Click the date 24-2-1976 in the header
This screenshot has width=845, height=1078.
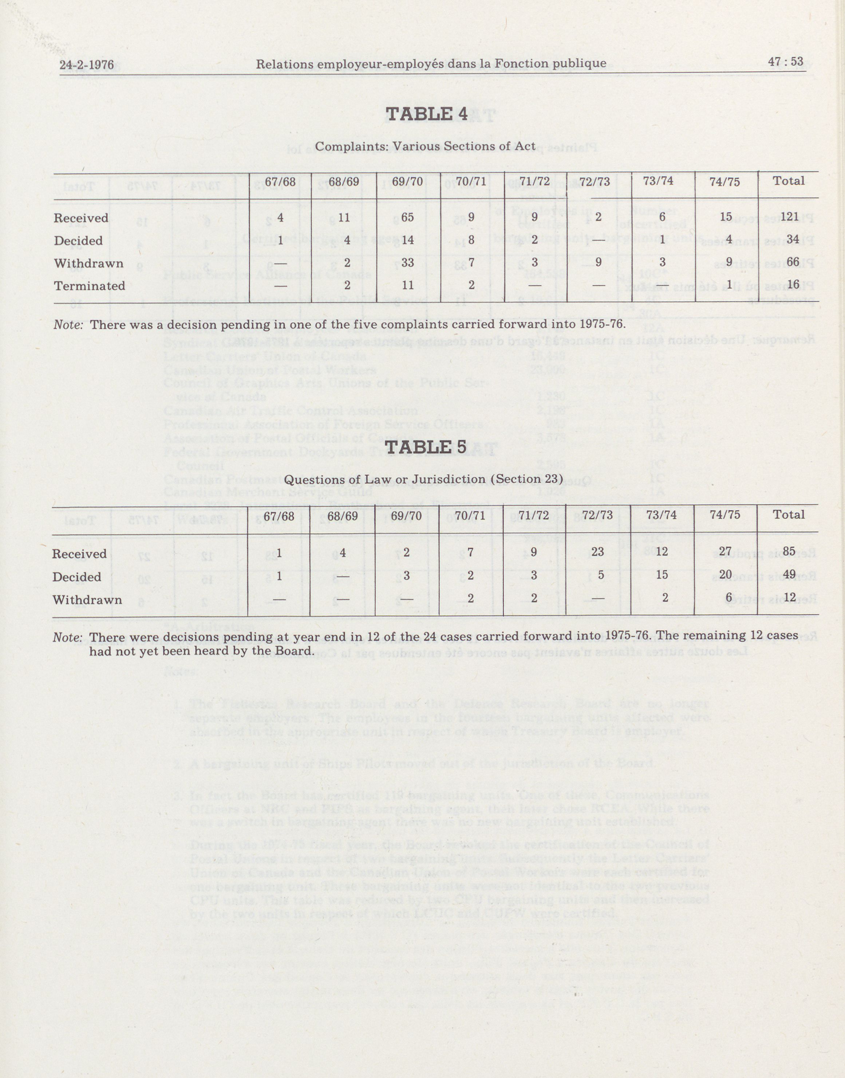87,65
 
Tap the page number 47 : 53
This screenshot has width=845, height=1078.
786,62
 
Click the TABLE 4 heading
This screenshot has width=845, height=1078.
426,114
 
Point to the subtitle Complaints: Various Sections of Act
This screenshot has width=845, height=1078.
425,147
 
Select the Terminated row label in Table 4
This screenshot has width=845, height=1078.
90,286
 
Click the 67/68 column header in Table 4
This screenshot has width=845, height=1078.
280,181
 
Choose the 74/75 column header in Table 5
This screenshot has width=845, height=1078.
725,515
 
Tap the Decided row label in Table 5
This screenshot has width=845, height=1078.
77,577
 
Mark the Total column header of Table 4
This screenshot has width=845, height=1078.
789,181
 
